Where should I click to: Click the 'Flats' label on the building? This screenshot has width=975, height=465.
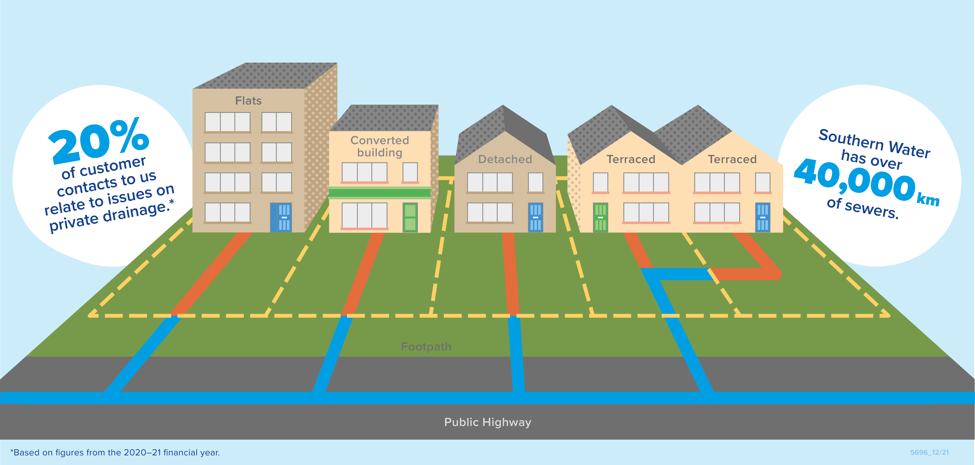(248, 101)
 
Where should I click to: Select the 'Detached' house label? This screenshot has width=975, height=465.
(505, 159)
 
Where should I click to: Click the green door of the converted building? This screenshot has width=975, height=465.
(410, 217)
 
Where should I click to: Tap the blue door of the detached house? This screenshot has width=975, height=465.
(535, 217)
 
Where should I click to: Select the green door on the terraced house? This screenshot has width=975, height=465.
(600, 217)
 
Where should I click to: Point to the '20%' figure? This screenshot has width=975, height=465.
(99, 142)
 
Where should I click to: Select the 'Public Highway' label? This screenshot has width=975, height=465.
(487, 422)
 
